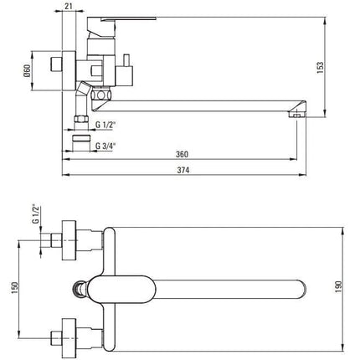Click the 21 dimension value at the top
[x=69, y=6]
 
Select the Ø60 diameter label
[x=27, y=71]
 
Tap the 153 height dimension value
[x=321, y=67]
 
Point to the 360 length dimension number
[x=182, y=154]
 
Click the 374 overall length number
[x=183, y=170]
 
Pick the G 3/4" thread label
[x=105, y=146]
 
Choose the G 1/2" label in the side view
[x=105, y=125]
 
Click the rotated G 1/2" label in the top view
[x=35, y=214]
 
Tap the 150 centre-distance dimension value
[x=14, y=288]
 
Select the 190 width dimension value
[x=338, y=287]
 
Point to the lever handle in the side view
[x=121, y=28]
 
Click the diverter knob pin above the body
[x=126, y=59]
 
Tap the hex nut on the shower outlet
[x=81, y=119]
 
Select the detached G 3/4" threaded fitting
[x=81, y=143]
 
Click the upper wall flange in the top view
[x=69, y=240]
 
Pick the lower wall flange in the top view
[x=69, y=338]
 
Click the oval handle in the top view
[x=121, y=290]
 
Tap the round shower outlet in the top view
[x=80, y=290]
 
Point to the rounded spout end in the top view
[x=302, y=289]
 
